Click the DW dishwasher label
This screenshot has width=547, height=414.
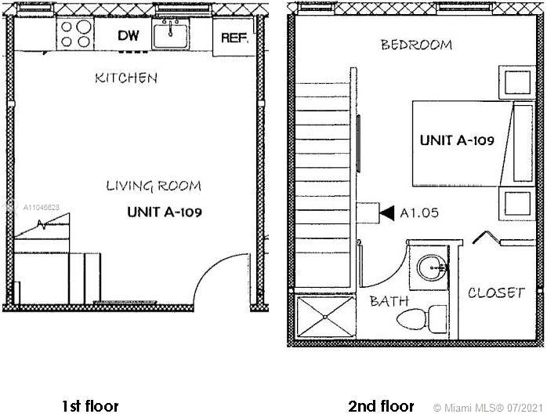tap(129, 35)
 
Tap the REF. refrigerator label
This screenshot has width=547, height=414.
tap(234, 38)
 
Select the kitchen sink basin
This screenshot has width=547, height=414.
tap(171, 34)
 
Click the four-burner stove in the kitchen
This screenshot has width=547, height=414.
tap(75, 34)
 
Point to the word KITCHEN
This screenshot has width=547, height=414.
tap(126, 78)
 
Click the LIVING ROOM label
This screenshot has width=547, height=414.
tap(154, 186)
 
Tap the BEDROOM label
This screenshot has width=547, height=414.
tap(416, 45)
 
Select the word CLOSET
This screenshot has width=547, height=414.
tap(496, 292)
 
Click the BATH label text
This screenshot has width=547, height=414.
tap(389, 301)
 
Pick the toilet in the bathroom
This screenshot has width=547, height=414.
tap(422, 318)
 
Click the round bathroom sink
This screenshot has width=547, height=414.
tap(432, 267)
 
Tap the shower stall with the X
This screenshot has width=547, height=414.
tap(324, 317)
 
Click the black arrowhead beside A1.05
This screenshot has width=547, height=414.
tap(387, 213)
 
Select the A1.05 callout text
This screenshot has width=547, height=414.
tap(419, 213)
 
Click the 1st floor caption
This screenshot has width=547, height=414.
tap(90, 406)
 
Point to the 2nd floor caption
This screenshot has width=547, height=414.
tap(381, 406)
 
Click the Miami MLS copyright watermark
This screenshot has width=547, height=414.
tap(488, 408)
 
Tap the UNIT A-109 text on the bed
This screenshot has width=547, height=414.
tap(457, 140)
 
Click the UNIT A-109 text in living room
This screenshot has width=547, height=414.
tap(165, 212)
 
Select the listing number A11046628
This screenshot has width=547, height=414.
tap(42, 207)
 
